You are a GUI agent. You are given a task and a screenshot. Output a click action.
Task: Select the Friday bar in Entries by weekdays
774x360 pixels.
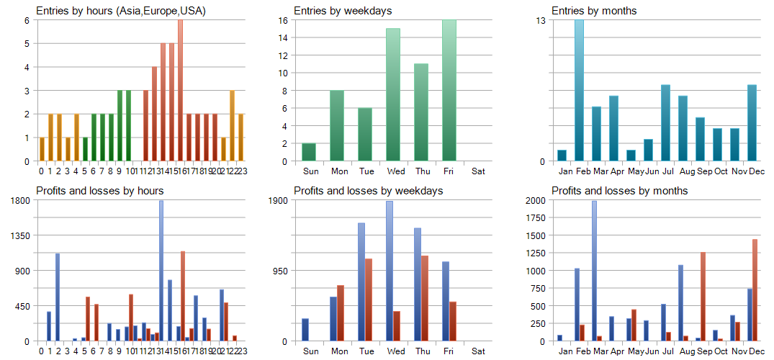[449, 90]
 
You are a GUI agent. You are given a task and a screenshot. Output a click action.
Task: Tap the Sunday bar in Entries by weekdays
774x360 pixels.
[309, 152]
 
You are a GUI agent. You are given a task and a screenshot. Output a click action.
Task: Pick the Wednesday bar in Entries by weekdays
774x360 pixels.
[392, 94]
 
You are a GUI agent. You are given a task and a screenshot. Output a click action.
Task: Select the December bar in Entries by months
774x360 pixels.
[752, 122]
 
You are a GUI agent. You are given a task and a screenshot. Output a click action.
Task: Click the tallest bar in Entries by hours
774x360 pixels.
[180, 90]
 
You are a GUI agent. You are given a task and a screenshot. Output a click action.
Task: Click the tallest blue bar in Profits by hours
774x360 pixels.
[161, 271]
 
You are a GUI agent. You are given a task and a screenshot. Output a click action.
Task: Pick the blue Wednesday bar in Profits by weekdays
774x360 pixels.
[390, 271]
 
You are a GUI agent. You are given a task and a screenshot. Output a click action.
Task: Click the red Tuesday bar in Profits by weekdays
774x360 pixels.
[369, 300]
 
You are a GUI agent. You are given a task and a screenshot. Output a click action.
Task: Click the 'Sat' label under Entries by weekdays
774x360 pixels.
[477, 171]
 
